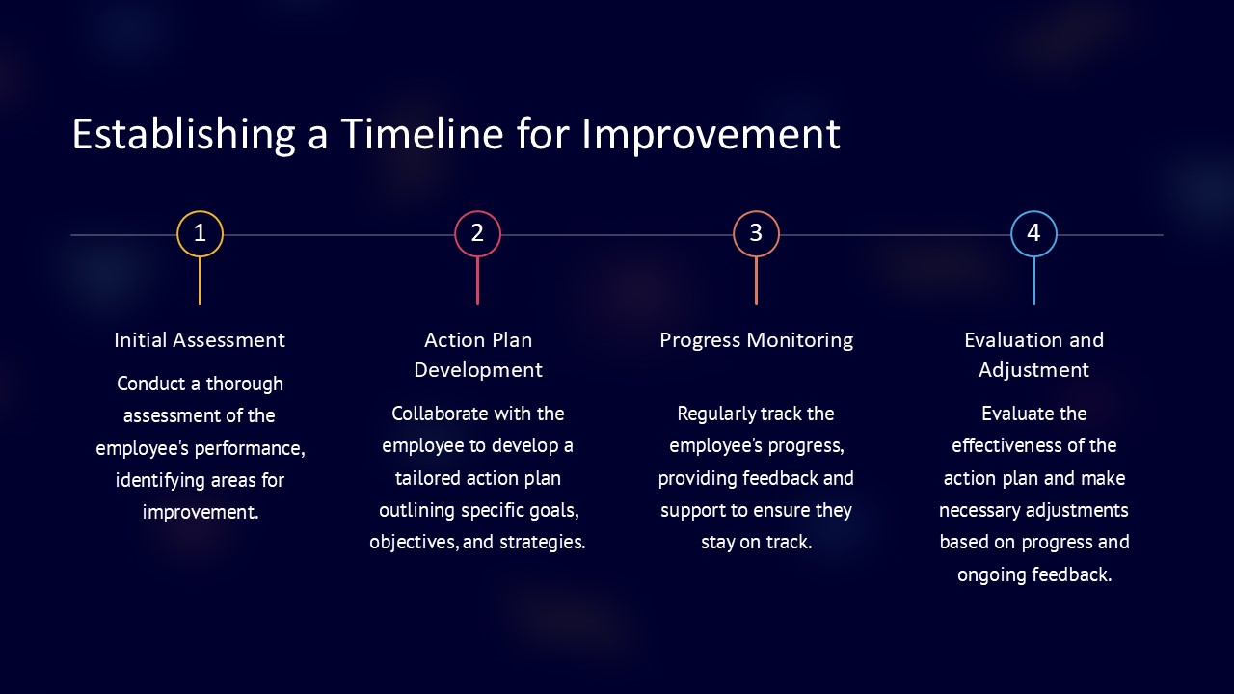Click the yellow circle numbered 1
pyautogui.click(x=200, y=211)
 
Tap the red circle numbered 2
pyautogui.click(x=477, y=211)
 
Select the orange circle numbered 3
pyautogui.click(x=757, y=211)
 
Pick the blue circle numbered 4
pyautogui.click(x=1034, y=211)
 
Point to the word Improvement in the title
pyautogui.click(x=711, y=136)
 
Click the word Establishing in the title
pyautogui.click(x=184, y=136)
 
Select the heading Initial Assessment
pyautogui.click(x=200, y=340)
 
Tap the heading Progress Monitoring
pyautogui.click(x=757, y=341)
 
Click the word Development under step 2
pyautogui.click(x=478, y=370)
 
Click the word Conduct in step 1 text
pyautogui.click(x=151, y=384)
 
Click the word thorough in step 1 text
pyautogui.click(x=245, y=385)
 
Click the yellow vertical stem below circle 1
pyautogui.click(x=200, y=280)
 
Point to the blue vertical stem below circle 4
pyautogui.click(x=1034, y=280)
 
